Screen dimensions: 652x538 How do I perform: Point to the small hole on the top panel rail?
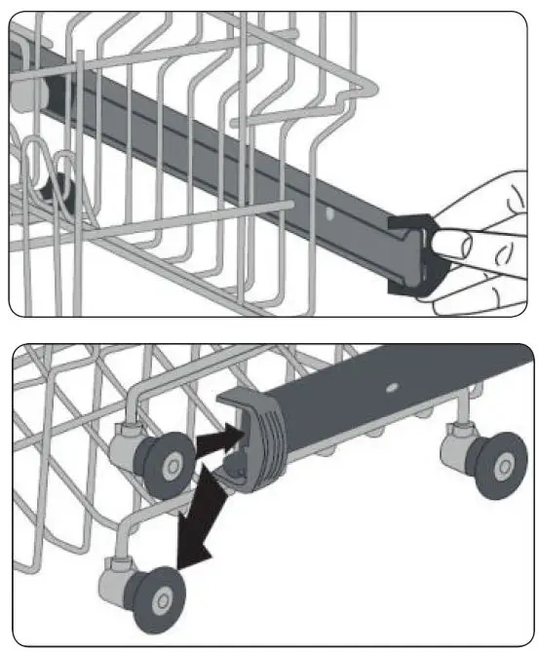331,208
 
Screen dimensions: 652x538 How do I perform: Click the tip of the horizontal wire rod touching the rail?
288,204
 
